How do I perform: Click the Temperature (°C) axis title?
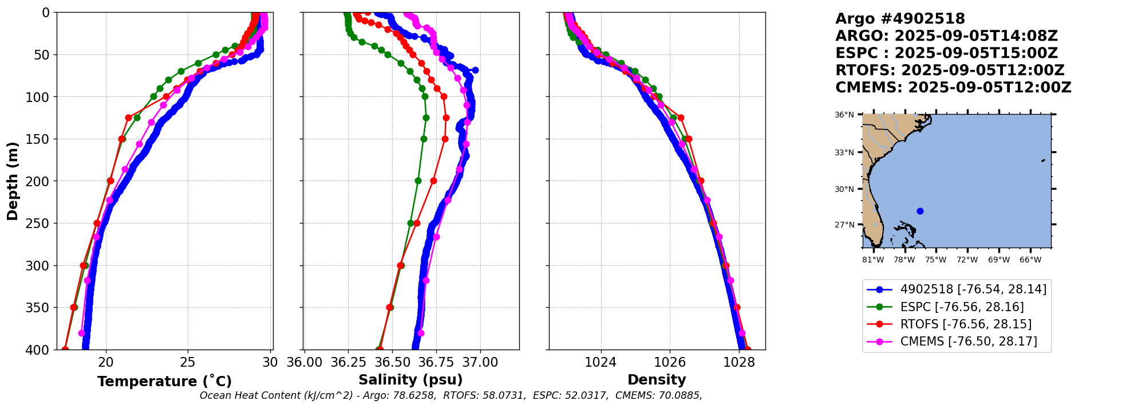coord(164,382)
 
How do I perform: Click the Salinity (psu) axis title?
coord(410,380)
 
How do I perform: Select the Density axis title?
coord(657,380)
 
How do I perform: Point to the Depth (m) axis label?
coord(13,181)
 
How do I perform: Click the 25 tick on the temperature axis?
coord(188,362)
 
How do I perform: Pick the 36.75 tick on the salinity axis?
coord(436,362)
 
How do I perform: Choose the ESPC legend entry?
coord(962,307)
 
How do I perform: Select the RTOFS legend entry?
coord(966,324)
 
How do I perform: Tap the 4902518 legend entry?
coord(973,289)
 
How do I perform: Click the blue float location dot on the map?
coord(920,211)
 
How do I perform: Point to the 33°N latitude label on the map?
coord(844,152)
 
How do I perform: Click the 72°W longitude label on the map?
coord(967,260)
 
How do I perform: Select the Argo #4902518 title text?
coord(900,19)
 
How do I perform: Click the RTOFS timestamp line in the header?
coord(950,70)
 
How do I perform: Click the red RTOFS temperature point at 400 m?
coord(65,350)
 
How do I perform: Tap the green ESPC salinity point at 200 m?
coord(418,181)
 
